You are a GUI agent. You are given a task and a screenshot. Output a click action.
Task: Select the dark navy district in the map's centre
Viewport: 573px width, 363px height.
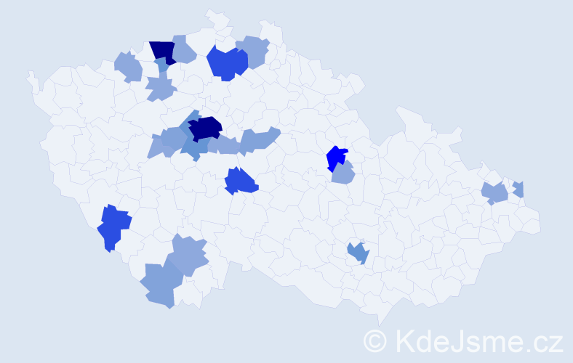tap(205, 128)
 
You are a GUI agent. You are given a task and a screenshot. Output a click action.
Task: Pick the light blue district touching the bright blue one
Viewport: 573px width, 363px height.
tap(342, 174)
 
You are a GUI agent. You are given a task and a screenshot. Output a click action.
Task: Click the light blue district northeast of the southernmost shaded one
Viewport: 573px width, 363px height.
tap(189, 254)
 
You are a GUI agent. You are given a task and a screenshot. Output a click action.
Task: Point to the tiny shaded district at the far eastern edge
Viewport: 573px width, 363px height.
tap(518, 189)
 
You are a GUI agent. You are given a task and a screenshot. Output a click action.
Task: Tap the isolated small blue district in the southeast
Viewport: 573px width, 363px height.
tap(358, 253)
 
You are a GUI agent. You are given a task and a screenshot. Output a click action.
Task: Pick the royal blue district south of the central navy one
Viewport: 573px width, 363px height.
tap(241, 181)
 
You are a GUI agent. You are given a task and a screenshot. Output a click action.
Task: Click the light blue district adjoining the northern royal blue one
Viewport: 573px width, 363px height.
tap(254, 51)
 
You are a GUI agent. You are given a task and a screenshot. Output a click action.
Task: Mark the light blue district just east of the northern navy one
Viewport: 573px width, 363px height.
tap(184, 49)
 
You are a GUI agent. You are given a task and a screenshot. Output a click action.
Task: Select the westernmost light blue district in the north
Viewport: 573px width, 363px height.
tap(128, 67)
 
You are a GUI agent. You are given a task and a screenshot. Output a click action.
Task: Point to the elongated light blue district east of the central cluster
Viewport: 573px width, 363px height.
tap(258, 139)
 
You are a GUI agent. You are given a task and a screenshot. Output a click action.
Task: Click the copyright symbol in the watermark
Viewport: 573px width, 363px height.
tap(375, 340)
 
